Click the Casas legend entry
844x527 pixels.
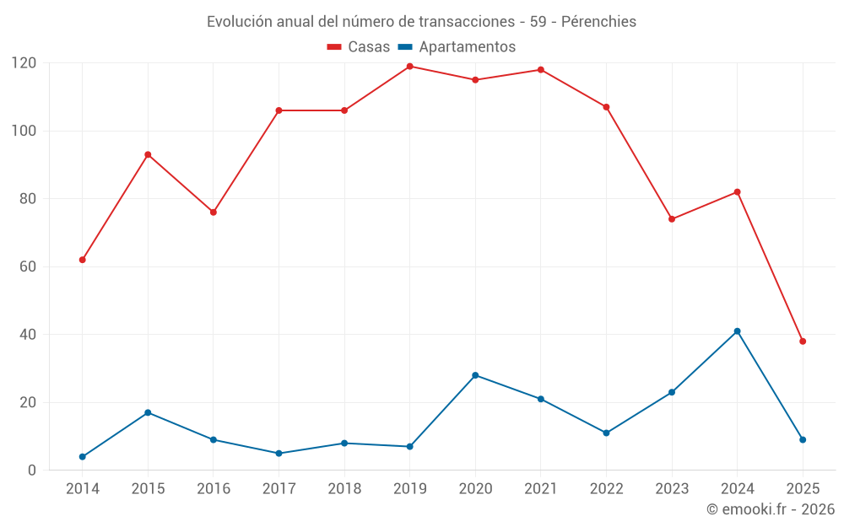359,47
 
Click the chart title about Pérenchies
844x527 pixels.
422,21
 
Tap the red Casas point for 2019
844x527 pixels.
409,67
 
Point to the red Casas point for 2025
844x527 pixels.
803,341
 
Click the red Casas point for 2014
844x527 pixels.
83,260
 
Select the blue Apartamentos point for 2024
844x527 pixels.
737,331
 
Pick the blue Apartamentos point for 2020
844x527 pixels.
475,375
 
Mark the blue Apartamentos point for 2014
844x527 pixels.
83,457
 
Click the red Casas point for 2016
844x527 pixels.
214,212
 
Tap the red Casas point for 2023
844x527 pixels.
672,219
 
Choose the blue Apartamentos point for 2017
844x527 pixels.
279,454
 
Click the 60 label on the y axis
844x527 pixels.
28,266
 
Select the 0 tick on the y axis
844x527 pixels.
32,471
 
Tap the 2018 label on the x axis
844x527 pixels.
344,489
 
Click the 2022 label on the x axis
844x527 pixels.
606,489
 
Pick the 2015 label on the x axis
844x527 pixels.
148,489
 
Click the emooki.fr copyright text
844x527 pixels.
770,509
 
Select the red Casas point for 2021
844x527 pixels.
541,70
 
